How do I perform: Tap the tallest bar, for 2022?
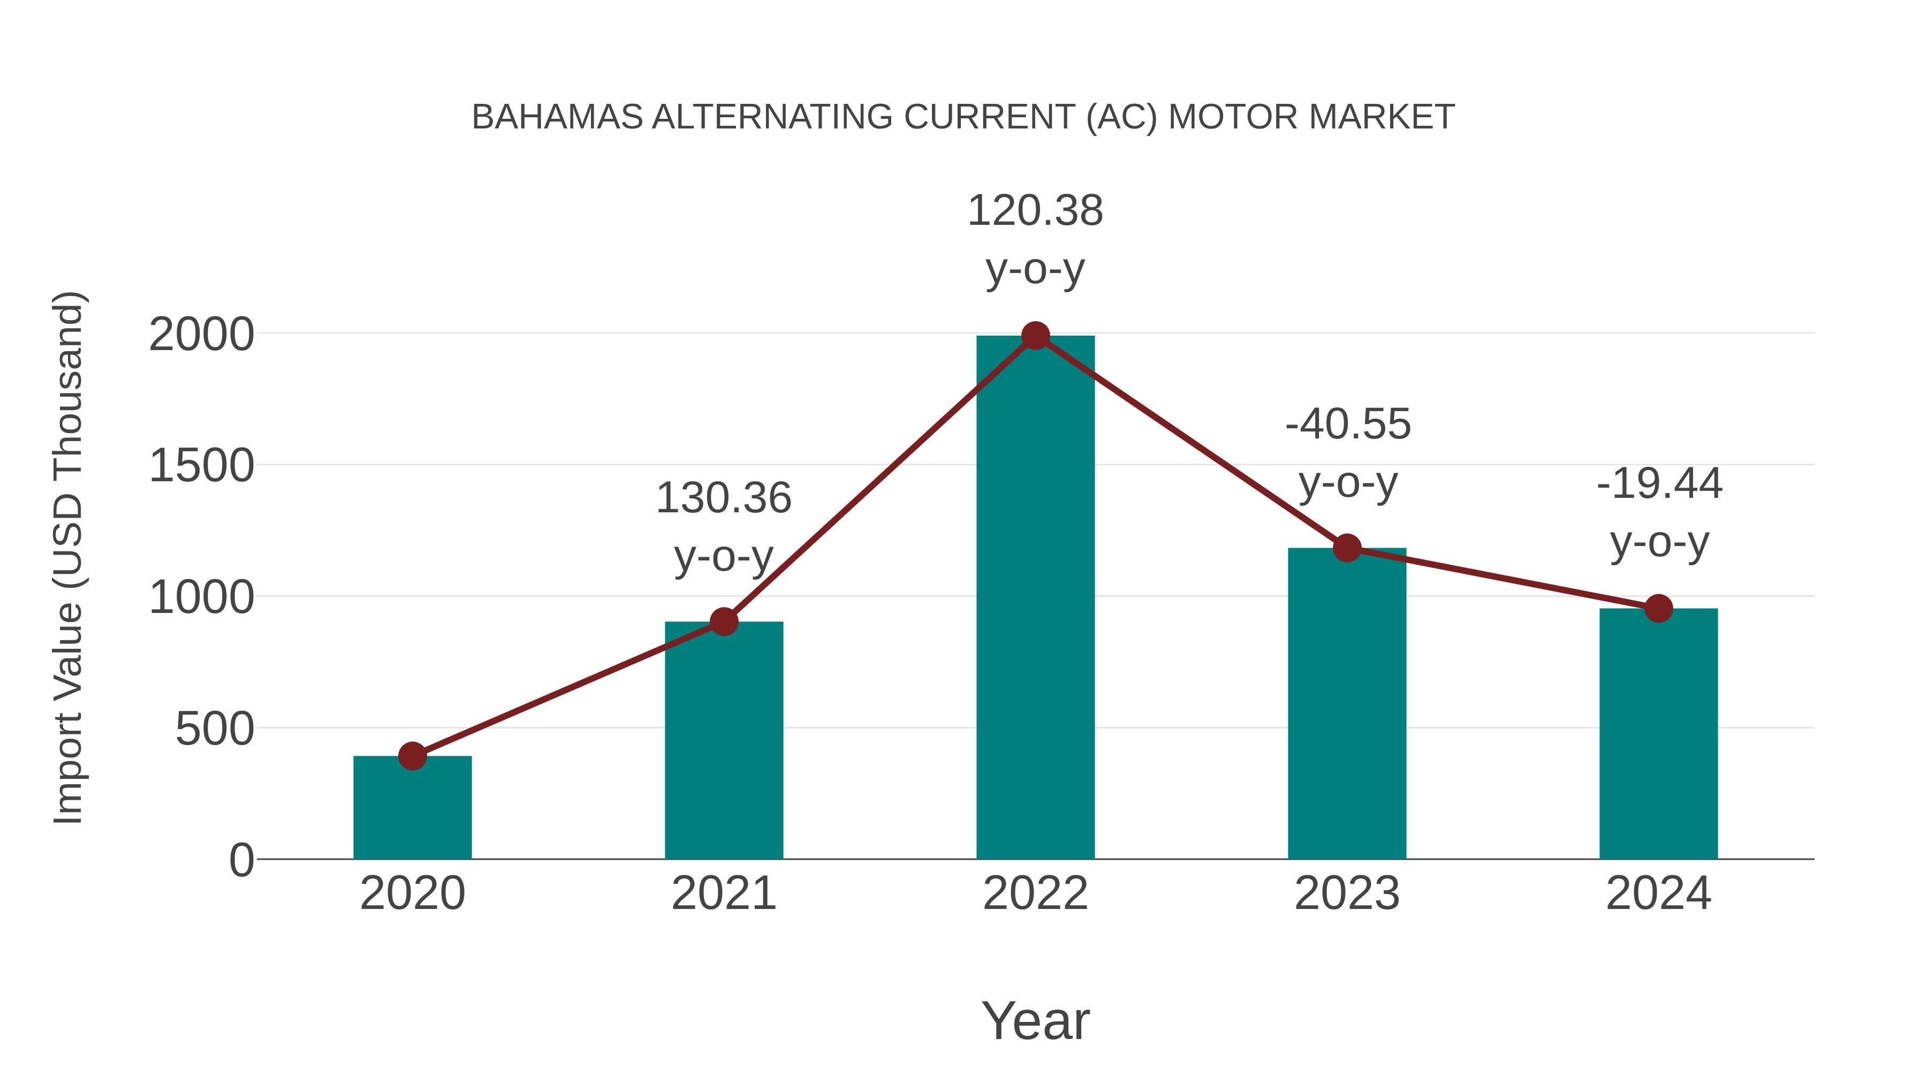click(1035, 598)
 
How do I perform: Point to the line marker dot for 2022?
click(1035, 336)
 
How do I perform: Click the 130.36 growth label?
click(723, 498)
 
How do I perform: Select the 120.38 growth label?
click(1035, 210)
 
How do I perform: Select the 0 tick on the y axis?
click(241, 860)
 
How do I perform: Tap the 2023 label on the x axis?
click(1347, 893)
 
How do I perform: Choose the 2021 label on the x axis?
click(723, 893)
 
